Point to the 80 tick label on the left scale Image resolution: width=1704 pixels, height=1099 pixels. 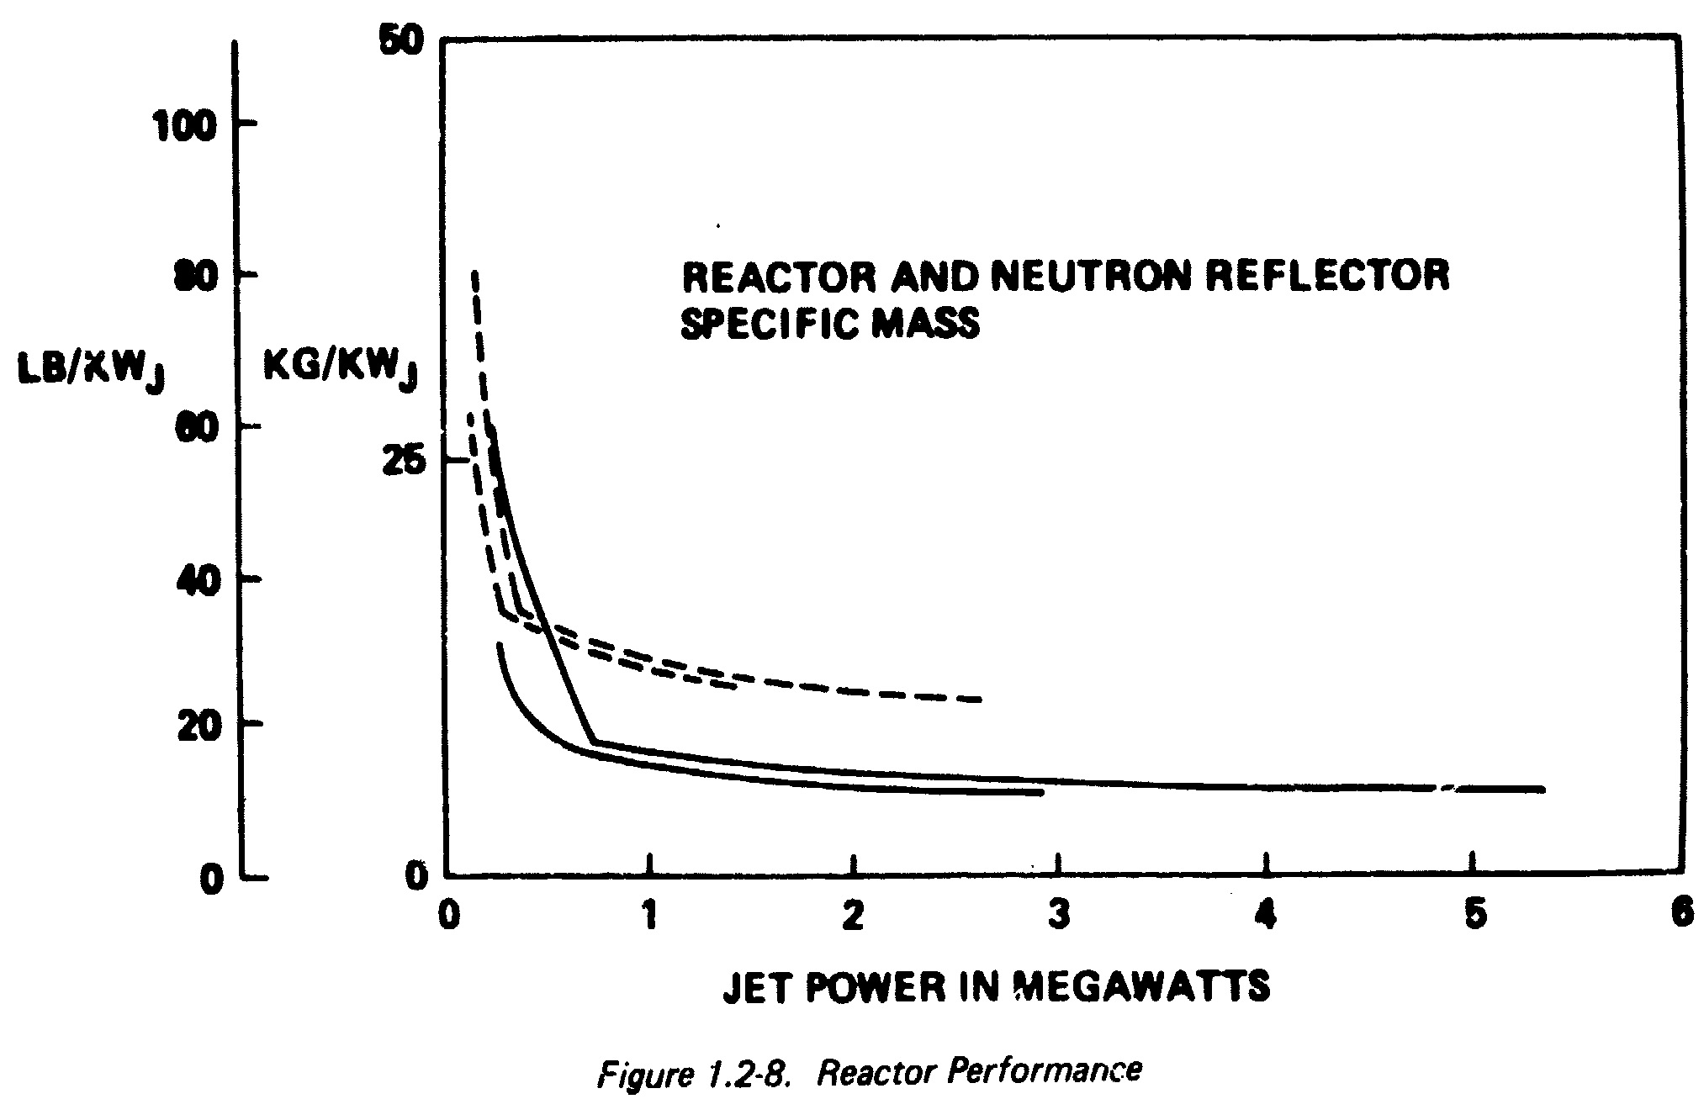195,278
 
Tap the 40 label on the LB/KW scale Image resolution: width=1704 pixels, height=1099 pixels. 195,581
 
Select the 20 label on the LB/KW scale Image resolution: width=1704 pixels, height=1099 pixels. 195,727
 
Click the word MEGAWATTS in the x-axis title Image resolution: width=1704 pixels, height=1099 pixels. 1142,986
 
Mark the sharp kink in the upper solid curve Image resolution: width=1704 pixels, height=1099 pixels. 595,742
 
